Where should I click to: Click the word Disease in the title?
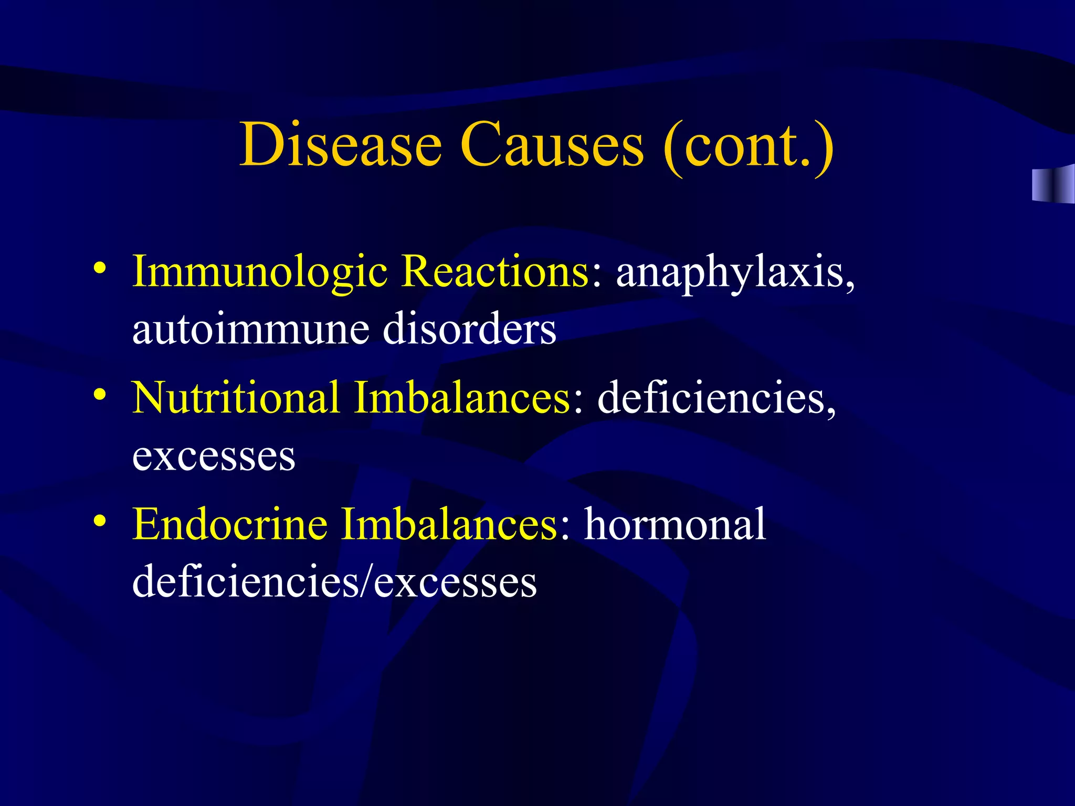point(341,144)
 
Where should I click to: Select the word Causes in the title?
point(552,144)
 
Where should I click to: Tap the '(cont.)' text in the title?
point(749,145)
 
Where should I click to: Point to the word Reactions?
point(497,272)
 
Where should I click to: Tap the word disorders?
point(470,328)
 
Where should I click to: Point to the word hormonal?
point(675,524)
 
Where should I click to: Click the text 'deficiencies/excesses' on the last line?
point(334,582)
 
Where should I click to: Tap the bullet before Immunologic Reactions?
point(100,268)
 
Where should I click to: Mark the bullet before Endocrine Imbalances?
point(100,520)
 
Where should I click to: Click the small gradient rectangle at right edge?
point(1052,184)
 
